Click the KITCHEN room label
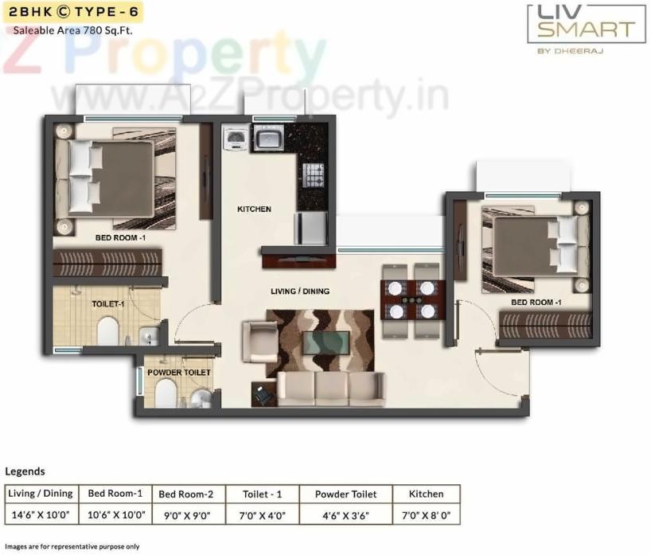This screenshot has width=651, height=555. click(254, 209)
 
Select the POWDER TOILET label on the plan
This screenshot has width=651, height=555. click(179, 372)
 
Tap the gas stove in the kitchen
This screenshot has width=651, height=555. click(314, 173)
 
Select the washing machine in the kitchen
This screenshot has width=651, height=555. click(236, 139)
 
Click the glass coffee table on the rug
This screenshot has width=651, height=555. click(327, 342)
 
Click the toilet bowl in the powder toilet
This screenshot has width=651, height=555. click(166, 392)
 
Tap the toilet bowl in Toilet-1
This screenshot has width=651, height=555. click(107, 330)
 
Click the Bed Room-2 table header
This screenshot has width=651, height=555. click(186, 494)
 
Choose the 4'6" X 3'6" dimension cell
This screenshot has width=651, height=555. click(345, 514)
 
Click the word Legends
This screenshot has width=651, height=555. click(25, 471)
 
